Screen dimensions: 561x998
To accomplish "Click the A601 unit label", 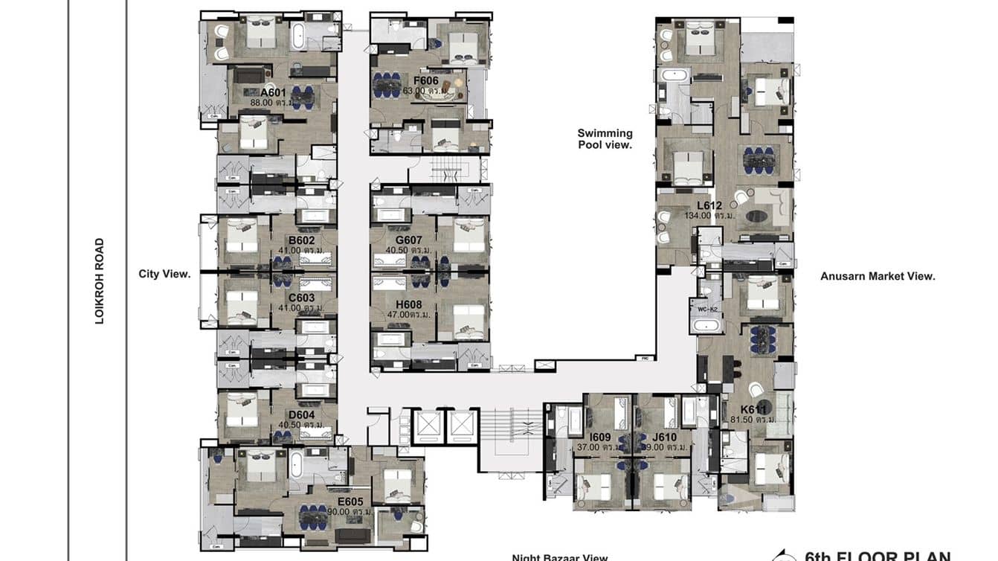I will click(x=273, y=93).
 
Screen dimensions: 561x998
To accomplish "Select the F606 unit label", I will click(x=425, y=80).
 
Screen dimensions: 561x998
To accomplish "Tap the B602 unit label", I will click(x=301, y=240).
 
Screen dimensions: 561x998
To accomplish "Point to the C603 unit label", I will click(x=301, y=298).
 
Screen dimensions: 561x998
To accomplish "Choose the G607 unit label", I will click(x=409, y=240).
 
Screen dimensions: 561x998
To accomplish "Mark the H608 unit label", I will click(x=409, y=304).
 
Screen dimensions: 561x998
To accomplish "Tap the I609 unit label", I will click(x=600, y=437).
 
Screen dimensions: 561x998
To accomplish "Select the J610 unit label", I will click(x=664, y=437).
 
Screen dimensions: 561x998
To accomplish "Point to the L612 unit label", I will click(x=709, y=205).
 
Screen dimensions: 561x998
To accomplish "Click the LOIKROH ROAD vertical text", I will click(x=100, y=280).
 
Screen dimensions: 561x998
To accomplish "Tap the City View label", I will click(x=164, y=274).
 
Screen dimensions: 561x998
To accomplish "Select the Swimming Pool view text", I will click(x=605, y=139).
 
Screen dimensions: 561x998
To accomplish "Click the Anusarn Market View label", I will click(x=878, y=276).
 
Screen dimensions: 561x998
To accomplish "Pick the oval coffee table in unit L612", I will click(x=758, y=217).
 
